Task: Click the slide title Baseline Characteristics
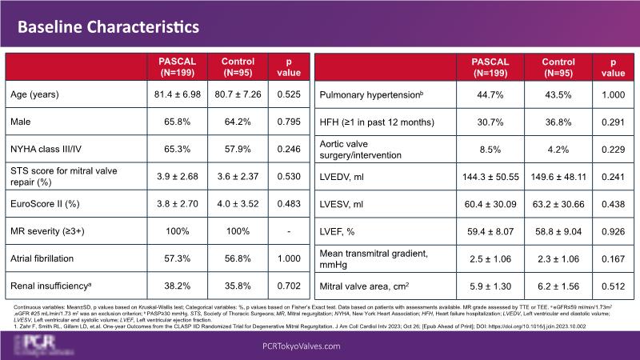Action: click(x=109, y=26)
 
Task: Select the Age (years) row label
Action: click(x=38, y=94)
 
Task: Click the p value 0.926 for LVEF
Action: click(x=612, y=230)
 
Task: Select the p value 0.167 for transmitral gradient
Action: click(x=612, y=258)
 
